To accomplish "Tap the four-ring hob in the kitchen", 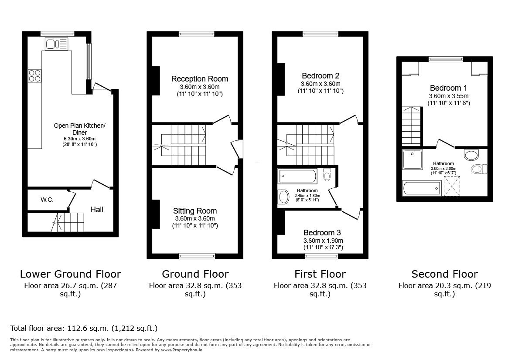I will [34, 76].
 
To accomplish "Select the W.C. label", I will [47, 200].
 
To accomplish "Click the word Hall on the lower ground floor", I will [97, 210].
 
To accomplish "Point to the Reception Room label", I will [199, 79].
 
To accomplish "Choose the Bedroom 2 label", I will [320, 76].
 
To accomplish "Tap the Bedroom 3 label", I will [323, 233].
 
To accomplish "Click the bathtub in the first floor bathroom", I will [297, 177].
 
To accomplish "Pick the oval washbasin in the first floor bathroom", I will [283, 197].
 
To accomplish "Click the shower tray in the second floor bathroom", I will [412, 160].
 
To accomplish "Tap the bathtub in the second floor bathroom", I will [421, 189].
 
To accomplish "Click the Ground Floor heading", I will [195, 274].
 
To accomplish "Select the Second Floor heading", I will [444, 274].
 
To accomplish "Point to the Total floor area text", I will [83, 328].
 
